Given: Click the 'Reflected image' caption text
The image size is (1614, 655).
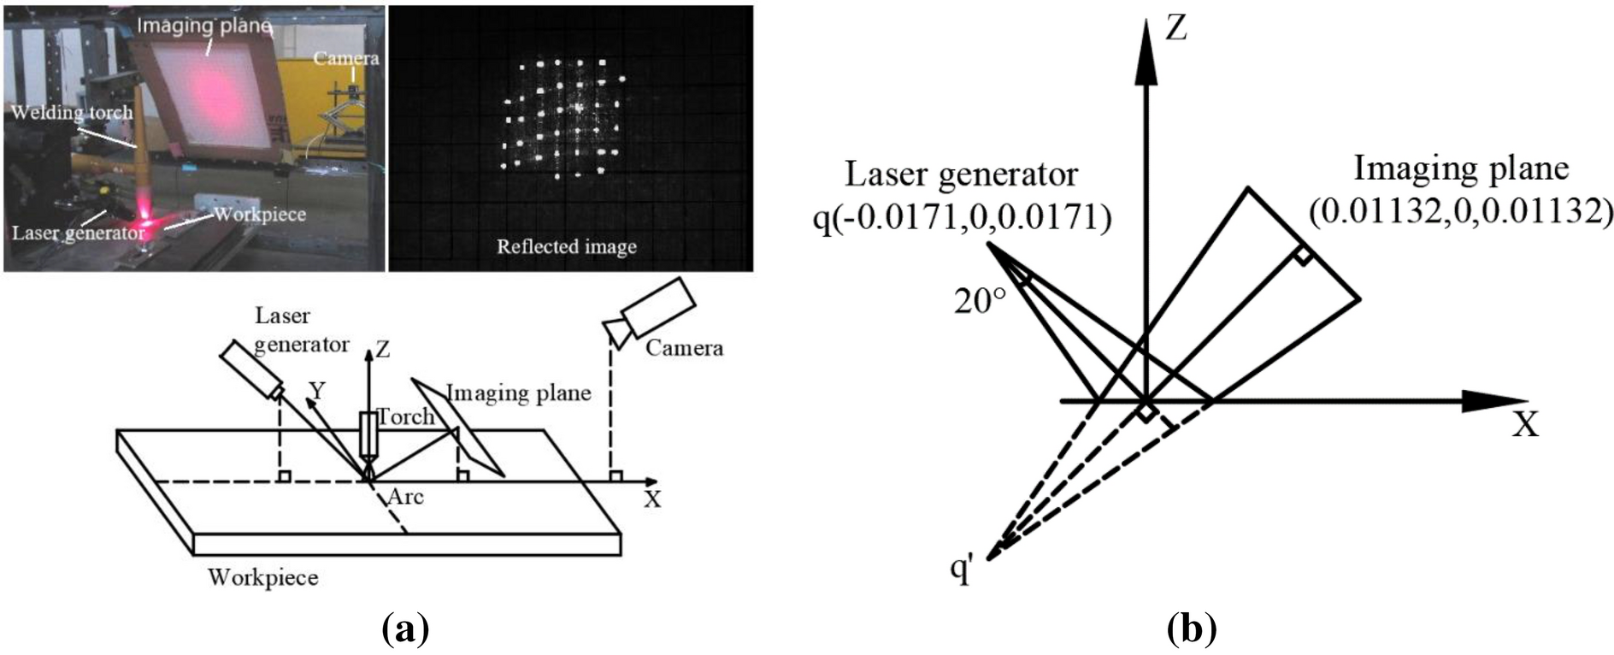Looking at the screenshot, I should click(x=567, y=247).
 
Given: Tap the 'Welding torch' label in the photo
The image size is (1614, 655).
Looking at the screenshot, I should click(x=72, y=112).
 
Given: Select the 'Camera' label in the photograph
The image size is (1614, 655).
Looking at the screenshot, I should click(x=345, y=57).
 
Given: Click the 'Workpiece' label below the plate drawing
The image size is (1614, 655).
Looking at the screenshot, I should click(x=262, y=577).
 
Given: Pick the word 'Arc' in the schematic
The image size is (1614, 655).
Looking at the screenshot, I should click(x=406, y=496).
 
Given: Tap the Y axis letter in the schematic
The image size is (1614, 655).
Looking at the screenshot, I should click(x=318, y=391).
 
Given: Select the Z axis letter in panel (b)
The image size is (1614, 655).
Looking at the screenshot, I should click(x=1177, y=29).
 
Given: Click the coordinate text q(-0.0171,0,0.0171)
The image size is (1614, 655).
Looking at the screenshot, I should click(x=961, y=220).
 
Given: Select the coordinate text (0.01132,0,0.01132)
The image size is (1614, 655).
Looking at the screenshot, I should click(x=1459, y=210).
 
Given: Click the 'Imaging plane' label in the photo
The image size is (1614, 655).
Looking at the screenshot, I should click(x=205, y=25).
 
